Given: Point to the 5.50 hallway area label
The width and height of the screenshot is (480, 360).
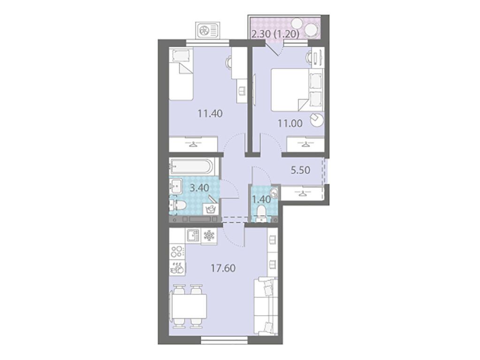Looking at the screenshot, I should (300, 171).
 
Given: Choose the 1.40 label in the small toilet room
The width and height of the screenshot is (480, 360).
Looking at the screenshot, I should (261, 199).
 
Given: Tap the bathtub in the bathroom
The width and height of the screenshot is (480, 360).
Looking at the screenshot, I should (193, 166).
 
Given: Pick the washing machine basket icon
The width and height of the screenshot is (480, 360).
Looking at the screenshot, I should (210, 208).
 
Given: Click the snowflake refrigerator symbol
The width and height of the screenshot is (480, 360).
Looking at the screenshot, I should (209, 236).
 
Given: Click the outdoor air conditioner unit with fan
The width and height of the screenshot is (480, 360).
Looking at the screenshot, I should (209, 30).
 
